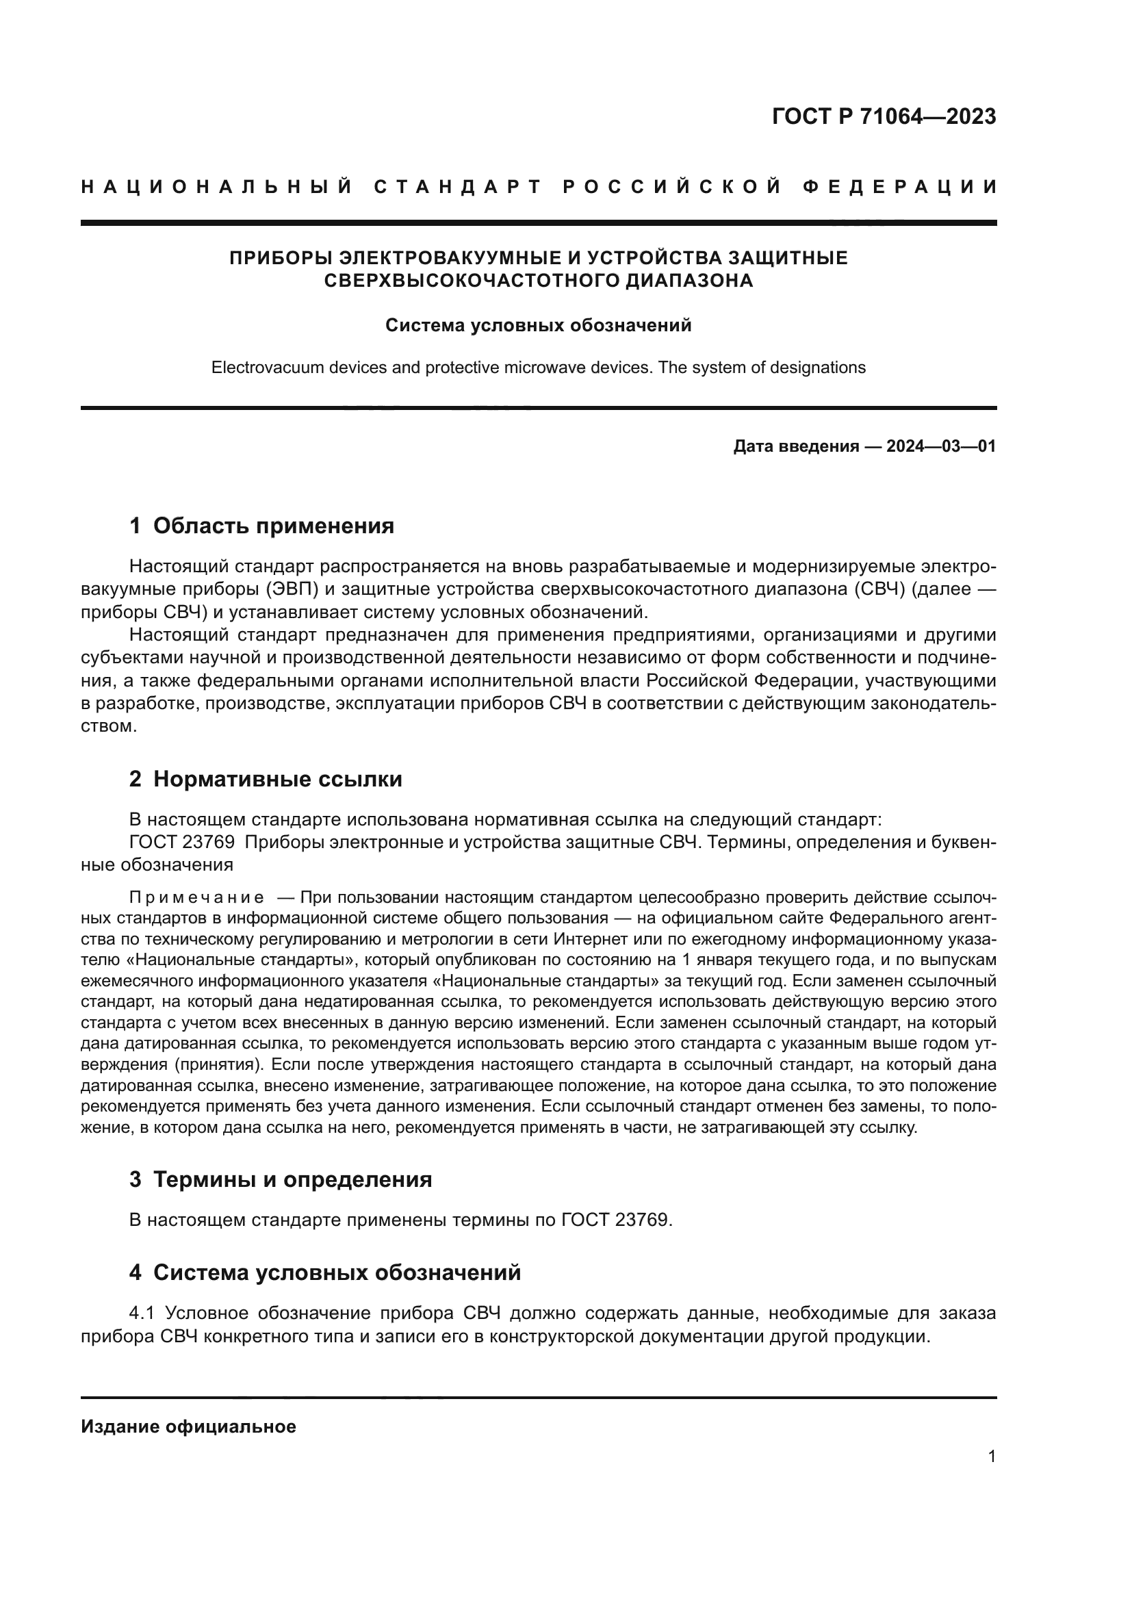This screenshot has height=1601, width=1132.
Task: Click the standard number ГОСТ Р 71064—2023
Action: coord(883,116)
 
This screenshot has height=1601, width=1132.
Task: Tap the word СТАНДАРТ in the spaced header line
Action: coord(457,187)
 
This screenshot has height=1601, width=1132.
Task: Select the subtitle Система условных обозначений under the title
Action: coord(538,326)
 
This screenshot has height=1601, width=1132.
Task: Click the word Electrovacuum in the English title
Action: coord(257,368)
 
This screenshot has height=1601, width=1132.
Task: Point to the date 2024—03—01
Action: coord(941,446)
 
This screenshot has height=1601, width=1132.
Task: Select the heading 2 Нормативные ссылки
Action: coord(266,779)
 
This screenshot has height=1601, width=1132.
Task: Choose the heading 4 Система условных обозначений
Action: coord(325,1272)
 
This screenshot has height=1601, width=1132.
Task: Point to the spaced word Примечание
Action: coord(196,897)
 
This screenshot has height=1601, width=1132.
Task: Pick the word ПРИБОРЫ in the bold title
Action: coord(281,258)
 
